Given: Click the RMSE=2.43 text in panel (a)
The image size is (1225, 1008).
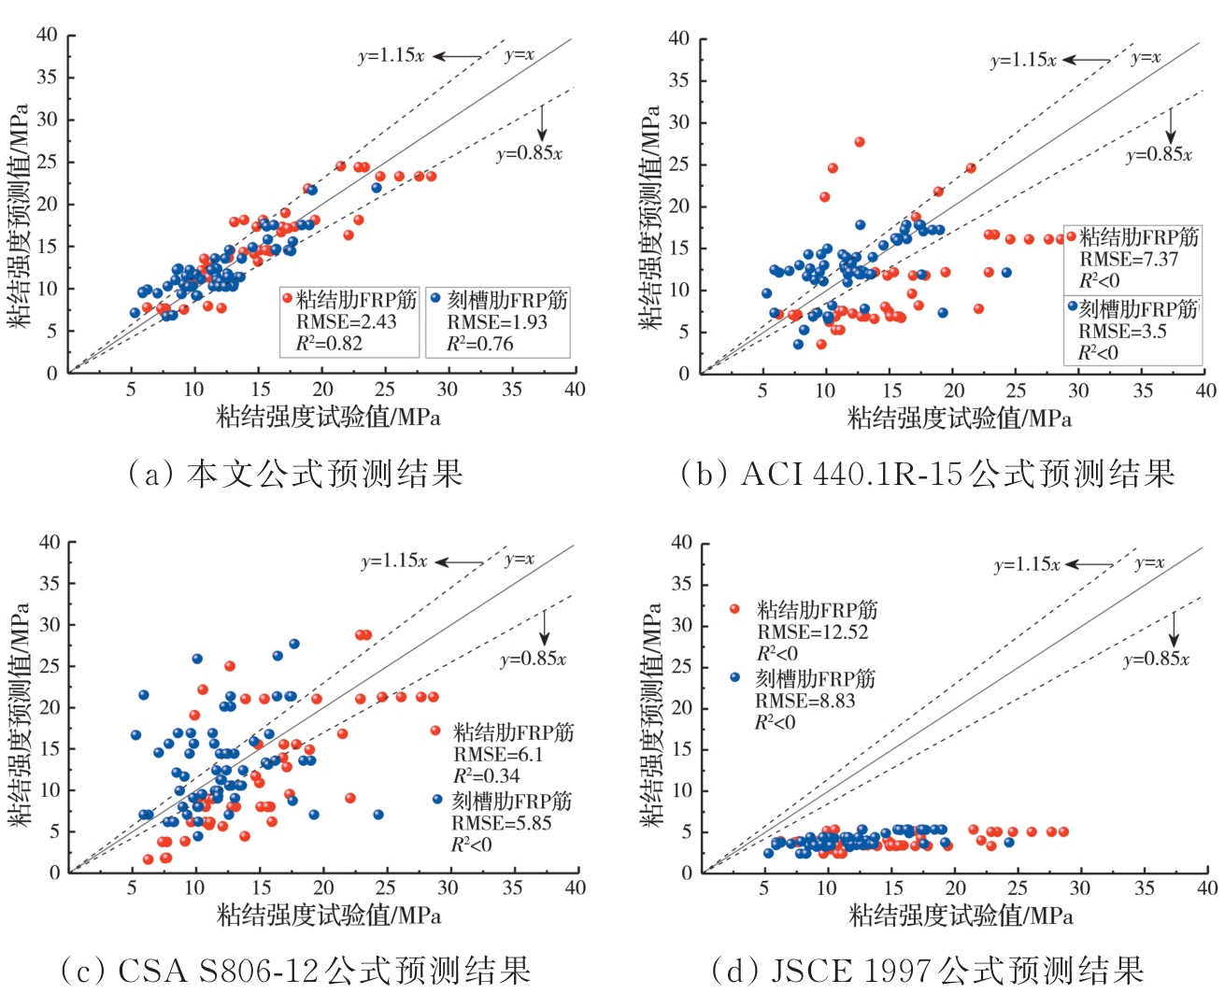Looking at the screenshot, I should coord(346,322).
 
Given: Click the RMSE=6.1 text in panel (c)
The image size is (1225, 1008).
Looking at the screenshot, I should coord(498,754).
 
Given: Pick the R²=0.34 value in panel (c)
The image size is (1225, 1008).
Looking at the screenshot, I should coord(486,775).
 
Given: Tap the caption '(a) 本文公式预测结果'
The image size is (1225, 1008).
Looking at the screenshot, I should coord(295,474).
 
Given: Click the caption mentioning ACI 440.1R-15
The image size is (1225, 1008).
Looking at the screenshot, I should coord(927,474).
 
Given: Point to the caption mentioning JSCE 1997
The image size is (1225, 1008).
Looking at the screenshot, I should coord(927,971).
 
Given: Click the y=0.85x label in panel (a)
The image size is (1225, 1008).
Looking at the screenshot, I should coord(529,154).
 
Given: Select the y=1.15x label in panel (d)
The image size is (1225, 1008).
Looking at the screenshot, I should coord(1027,565).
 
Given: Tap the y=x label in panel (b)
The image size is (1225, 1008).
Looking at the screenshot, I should coord(1146,58).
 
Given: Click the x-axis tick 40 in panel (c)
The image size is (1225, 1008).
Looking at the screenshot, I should coord(575,887).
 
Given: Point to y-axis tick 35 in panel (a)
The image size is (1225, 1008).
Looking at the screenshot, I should coord(47,78).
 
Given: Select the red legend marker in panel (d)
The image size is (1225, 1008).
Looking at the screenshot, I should coord(734,609).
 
